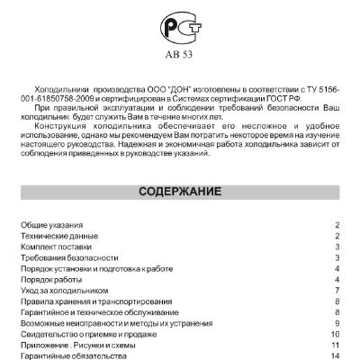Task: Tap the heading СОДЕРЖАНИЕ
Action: click(x=181, y=192)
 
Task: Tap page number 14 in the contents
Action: click(x=333, y=355)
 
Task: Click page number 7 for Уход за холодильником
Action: click(x=336, y=290)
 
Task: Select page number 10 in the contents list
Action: click(x=333, y=334)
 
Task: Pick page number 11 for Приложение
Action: click(x=333, y=345)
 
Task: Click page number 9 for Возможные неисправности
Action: click(x=336, y=322)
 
